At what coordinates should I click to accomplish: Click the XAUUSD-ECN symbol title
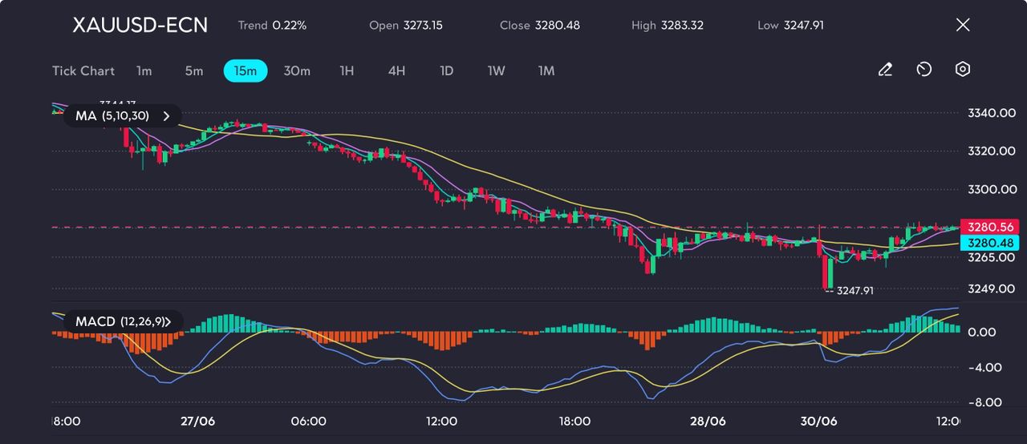click(x=140, y=25)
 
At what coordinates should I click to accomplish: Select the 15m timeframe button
click(x=245, y=71)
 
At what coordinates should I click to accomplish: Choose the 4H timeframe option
click(x=396, y=71)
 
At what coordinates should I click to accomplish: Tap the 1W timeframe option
click(x=497, y=71)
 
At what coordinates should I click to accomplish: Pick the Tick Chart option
click(x=83, y=71)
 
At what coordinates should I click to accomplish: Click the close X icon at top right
click(x=963, y=25)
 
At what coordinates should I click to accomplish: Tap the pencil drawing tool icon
click(x=885, y=70)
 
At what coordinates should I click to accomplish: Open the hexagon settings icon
click(x=963, y=70)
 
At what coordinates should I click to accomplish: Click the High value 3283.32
click(x=682, y=25)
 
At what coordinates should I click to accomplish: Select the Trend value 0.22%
click(x=290, y=25)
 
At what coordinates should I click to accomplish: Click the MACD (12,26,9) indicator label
click(x=121, y=321)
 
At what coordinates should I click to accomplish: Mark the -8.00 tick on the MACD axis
click(x=982, y=402)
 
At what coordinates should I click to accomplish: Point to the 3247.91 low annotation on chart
click(x=854, y=291)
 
